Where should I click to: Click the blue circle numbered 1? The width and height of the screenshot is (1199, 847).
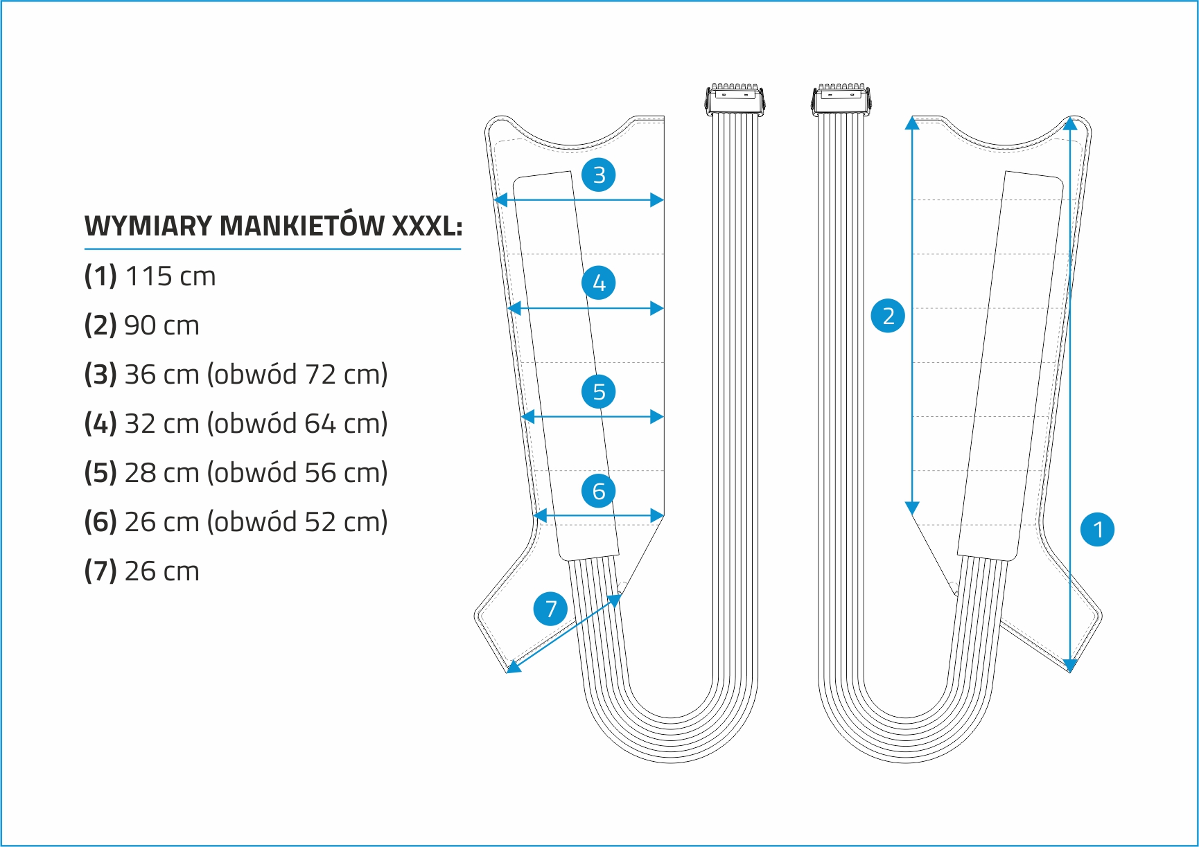(1098, 530)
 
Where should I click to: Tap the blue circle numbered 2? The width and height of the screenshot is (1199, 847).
(888, 316)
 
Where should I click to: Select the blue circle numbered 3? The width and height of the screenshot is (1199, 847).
(599, 175)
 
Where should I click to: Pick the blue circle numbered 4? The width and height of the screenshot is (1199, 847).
(599, 283)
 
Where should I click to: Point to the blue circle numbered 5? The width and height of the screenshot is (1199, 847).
(599, 391)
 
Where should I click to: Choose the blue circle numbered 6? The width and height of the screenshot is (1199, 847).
(599, 491)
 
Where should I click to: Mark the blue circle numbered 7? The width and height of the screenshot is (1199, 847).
(550, 609)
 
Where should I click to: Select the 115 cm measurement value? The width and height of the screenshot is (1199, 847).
(170, 276)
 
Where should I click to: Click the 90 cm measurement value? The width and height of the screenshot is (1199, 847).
(161, 326)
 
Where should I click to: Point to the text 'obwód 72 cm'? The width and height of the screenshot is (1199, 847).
(297, 375)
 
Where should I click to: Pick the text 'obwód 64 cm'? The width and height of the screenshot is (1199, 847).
(297, 424)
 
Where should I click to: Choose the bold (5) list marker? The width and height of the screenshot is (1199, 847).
(100, 473)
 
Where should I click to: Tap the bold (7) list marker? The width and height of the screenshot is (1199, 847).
(100, 571)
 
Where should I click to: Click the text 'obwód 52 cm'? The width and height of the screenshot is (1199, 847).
(297, 522)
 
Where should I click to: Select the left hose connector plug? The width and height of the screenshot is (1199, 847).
(735, 100)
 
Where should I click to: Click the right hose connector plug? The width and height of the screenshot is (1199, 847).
(841, 100)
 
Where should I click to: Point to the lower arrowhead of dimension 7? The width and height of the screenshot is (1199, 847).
(513, 667)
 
